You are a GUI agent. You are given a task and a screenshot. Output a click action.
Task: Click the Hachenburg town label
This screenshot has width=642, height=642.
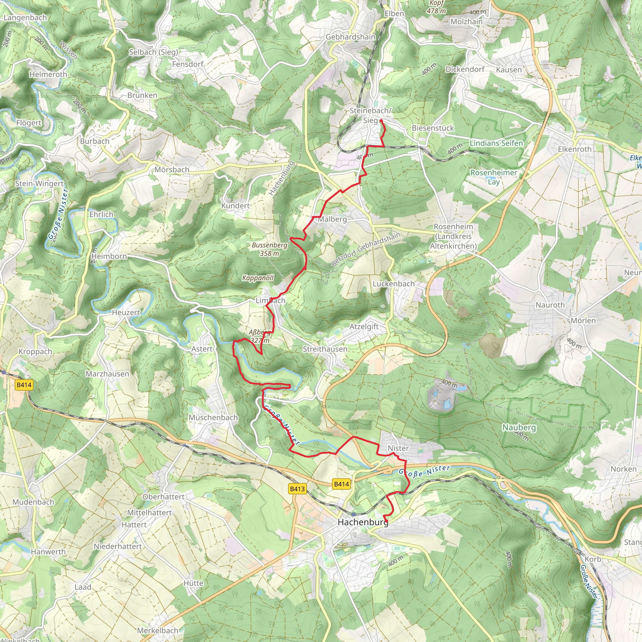click(x=363, y=522)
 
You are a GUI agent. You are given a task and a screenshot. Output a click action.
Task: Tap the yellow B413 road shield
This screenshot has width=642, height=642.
click(x=297, y=488)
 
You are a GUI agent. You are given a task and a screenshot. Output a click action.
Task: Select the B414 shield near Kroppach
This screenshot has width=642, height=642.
click(x=24, y=385)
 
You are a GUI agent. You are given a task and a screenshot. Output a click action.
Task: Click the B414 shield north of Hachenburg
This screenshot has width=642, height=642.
click(x=341, y=484)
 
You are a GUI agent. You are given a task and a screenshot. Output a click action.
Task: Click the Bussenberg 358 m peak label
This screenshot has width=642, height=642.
click(x=270, y=249)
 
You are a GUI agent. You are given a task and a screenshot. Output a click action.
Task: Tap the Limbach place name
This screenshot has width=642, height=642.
click(x=271, y=300)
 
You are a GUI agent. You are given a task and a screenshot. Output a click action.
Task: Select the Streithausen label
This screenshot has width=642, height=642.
click(x=325, y=349)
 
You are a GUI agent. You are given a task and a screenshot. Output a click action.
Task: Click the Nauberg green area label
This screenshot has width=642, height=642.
click(x=519, y=427)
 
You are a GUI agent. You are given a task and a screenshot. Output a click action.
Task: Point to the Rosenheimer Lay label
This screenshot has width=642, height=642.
click(x=493, y=177)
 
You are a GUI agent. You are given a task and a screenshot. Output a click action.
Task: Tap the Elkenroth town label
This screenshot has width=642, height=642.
click(x=575, y=149)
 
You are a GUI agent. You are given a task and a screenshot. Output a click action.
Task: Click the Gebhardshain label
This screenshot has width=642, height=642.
click(x=350, y=37)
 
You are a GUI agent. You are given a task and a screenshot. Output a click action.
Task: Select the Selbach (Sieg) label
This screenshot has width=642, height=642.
click(x=154, y=52)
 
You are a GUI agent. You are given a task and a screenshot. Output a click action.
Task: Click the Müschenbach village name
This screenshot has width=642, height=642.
click(x=213, y=417)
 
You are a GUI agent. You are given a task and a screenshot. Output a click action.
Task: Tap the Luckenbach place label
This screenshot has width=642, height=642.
click(x=393, y=284)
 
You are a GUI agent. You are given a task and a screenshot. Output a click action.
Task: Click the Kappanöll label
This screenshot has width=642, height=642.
click(x=258, y=278)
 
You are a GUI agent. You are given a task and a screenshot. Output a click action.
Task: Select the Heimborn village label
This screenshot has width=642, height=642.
click(x=109, y=256)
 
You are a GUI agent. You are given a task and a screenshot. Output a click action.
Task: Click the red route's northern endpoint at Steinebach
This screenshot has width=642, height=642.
click(x=381, y=121)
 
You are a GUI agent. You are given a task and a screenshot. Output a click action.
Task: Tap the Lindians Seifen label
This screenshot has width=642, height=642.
click(x=496, y=143)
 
